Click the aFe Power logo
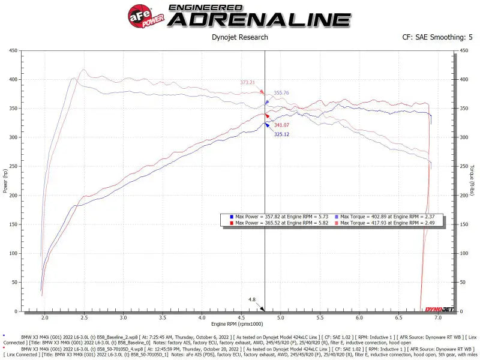tap(144, 15)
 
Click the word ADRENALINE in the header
tap(259, 19)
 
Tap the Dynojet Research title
tap(240, 37)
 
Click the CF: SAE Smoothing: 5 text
tap(437, 37)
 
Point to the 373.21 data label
tap(248, 83)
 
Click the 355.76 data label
tap(281, 93)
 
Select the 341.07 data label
tap(281, 125)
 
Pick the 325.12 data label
tap(281, 134)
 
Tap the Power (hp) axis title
tap(6, 181)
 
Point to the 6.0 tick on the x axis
tap(359, 317)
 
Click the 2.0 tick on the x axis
tap(44, 317)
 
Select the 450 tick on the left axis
tap(13, 51)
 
